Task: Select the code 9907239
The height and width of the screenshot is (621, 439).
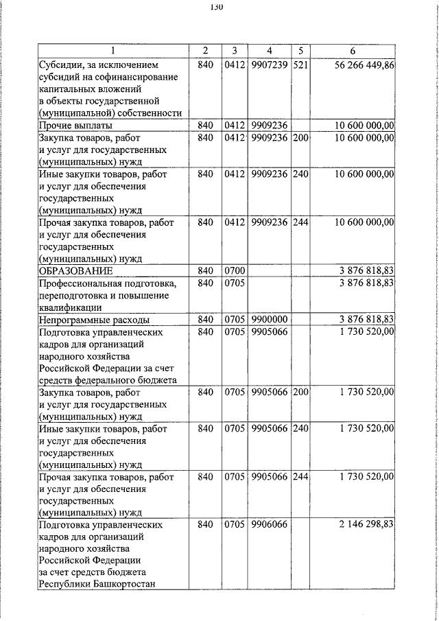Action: pos(270,64)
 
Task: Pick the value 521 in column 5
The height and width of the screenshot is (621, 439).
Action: pos(301,64)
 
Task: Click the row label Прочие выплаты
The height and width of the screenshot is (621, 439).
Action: pos(75,126)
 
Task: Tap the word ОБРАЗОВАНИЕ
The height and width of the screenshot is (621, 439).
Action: pos(75,271)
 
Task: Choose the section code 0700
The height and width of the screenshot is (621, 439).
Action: pos(235,271)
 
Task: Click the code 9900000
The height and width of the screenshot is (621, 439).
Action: pos(270,320)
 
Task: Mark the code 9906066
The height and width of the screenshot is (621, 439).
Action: pos(270,525)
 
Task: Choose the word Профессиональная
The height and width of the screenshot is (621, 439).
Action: pos(85,283)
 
